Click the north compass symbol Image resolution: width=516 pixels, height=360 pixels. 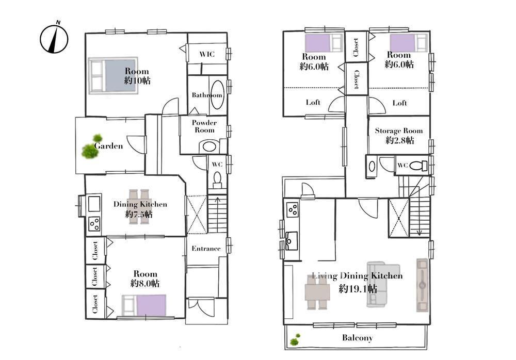tap(54, 38)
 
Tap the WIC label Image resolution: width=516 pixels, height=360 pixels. tap(207, 54)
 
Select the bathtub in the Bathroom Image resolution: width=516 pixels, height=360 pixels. tap(217, 95)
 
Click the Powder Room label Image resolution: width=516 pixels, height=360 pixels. tap(204, 126)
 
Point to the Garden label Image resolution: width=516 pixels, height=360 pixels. tap(108, 146)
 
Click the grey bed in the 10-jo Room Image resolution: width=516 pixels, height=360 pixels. tap(113, 76)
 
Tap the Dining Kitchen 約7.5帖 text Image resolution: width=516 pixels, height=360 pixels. tap(140, 209)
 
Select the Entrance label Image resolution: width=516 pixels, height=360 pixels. tap(206, 249)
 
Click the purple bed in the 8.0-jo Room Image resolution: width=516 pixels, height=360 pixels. tap(144, 305)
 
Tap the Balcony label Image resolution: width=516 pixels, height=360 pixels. tap(358, 338)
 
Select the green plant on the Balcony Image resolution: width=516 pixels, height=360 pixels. tap(295, 340)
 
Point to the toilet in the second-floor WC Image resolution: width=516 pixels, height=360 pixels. tap(418, 165)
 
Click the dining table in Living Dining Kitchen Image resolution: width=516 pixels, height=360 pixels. tap(317, 291)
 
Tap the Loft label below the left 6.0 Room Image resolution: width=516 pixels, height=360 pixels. tap(313, 102)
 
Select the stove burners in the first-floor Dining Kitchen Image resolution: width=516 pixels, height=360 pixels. tap(94, 224)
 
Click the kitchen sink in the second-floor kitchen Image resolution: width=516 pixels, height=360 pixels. tap(291, 240)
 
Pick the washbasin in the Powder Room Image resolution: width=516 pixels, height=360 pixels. tap(208, 146)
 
